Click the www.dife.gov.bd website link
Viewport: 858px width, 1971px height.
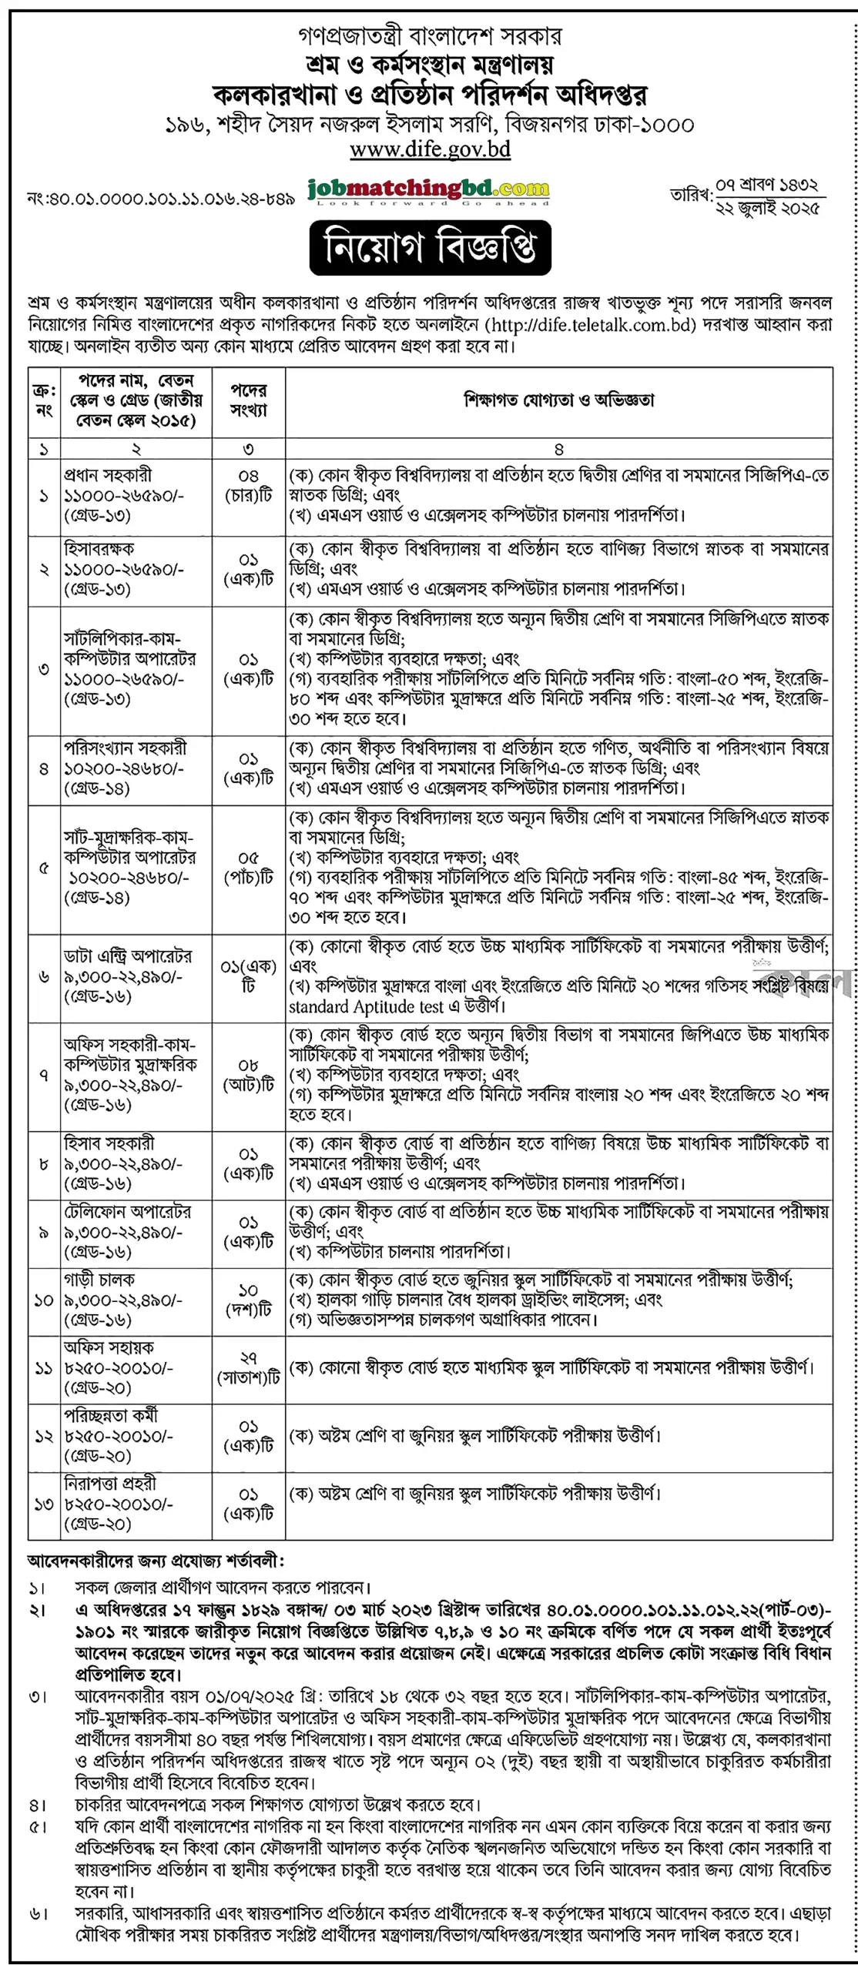(x=430, y=149)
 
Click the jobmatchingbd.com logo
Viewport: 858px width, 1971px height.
(x=428, y=189)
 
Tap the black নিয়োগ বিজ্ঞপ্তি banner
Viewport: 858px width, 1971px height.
(x=430, y=248)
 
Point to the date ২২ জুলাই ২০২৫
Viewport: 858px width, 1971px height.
(x=768, y=208)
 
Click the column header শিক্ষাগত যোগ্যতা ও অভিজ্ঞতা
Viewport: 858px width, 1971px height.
(x=558, y=400)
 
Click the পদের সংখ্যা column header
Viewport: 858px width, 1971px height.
(x=248, y=400)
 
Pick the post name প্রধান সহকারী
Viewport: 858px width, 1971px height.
(x=108, y=475)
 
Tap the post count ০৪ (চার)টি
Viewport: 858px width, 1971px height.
(x=248, y=485)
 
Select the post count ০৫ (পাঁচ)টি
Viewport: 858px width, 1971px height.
(x=248, y=868)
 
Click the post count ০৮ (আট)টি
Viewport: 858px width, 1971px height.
(x=248, y=1075)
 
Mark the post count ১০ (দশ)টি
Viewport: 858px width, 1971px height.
(x=248, y=1300)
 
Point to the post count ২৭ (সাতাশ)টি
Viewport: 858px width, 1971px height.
(x=248, y=1368)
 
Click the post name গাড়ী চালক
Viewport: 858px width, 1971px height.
(x=99, y=1280)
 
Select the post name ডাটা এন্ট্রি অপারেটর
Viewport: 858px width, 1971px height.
(x=128, y=956)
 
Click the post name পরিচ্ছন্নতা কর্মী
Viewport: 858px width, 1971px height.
(x=111, y=1415)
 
